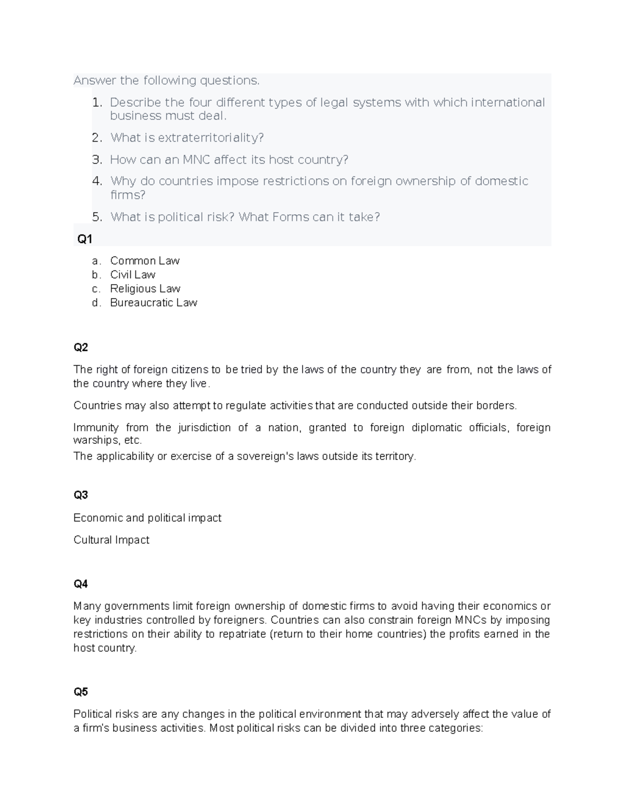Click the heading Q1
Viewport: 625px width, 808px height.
click(x=84, y=239)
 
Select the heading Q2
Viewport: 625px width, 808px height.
click(x=81, y=347)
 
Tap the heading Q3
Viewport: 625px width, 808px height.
click(x=81, y=495)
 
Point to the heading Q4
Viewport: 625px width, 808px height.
click(x=81, y=584)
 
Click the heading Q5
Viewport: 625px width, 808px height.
click(x=81, y=691)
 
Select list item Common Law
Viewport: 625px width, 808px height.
click(x=145, y=261)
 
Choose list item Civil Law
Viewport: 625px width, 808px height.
click(x=133, y=275)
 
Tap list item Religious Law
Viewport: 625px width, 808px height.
click(x=145, y=289)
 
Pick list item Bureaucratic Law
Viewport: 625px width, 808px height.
click(x=154, y=303)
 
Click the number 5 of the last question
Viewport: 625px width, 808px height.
click(x=96, y=217)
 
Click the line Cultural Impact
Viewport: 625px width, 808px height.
click(x=111, y=540)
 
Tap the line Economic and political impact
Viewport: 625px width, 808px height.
click(x=147, y=518)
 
